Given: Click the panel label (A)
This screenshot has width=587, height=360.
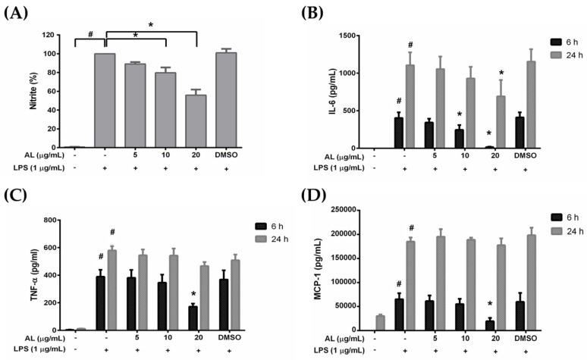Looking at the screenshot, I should point(17,13).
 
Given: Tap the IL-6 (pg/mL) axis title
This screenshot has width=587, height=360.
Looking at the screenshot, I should point(332,91).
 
